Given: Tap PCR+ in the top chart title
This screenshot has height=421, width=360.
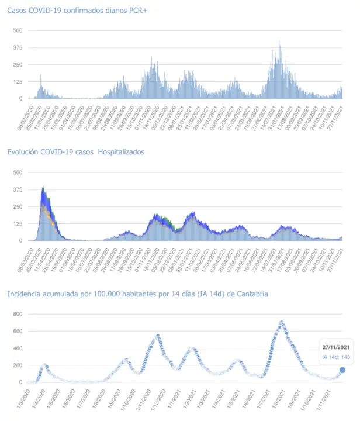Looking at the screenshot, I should (135, 10).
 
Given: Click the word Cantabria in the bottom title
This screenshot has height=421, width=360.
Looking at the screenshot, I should (252, 294).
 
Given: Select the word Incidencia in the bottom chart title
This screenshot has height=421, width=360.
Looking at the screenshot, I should (24, 294).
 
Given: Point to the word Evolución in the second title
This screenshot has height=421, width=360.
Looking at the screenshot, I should (23, 152).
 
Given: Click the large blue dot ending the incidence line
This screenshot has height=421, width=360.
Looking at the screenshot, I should (342, 370).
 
